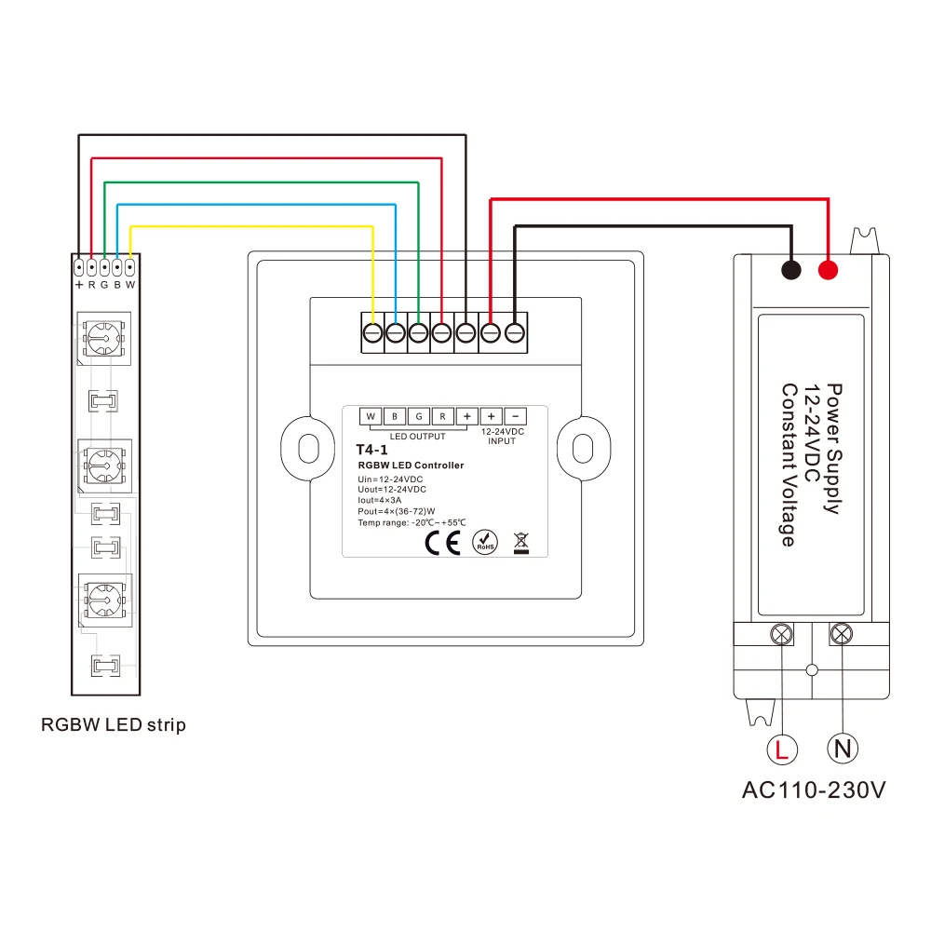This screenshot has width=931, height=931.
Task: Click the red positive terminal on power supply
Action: point(827,271)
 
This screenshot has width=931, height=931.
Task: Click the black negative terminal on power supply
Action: point(790,271)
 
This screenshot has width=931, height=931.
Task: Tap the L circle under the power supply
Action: point(782,749)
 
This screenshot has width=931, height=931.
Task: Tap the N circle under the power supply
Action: point(842,749)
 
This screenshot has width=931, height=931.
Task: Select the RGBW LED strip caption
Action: point(114,724)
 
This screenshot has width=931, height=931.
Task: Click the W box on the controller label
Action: point(371,415)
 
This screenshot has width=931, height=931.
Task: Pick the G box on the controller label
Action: point(419,415)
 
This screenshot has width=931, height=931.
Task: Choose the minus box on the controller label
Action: point(516,415)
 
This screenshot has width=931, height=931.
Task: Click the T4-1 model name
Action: point(371,450)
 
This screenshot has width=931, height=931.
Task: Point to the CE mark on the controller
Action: point(442,543)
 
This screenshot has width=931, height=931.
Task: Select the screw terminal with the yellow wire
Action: point(372,332)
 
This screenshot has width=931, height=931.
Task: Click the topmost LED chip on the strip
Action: point(102,338)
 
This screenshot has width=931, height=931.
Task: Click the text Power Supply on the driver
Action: point(834,449)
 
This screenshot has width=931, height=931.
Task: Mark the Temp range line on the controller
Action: point(411,523)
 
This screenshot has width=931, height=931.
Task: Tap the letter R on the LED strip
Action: point(92,284)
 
